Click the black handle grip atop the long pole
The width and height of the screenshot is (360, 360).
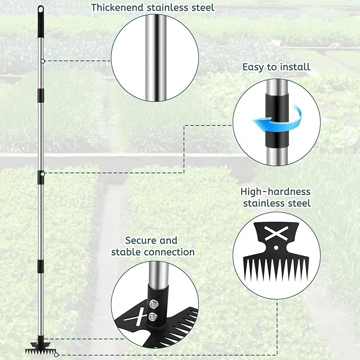coord(40,21)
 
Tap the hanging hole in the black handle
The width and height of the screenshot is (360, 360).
coord(40,9)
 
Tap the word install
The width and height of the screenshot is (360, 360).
coord(294,67)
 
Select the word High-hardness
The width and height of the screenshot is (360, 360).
coord(276,191)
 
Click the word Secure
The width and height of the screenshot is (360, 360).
coord(144,241)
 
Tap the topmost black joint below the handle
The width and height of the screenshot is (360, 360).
coord(39,94)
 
